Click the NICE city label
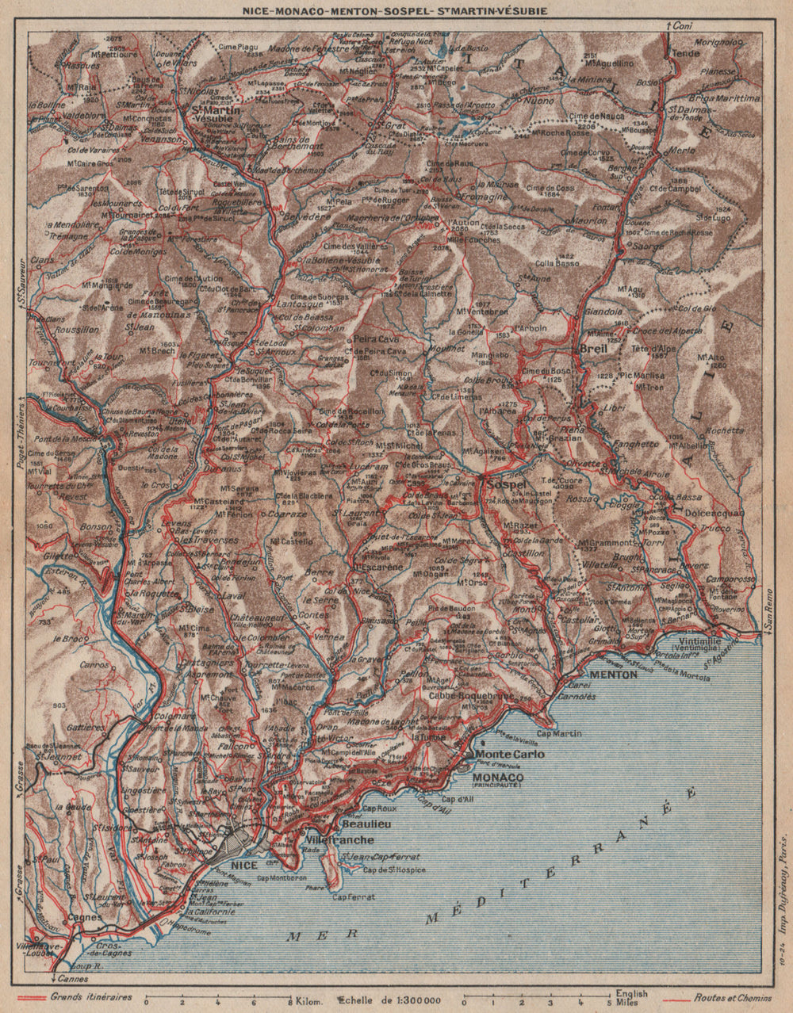point(243,865)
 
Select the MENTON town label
point(615,675)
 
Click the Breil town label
point(593,348)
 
